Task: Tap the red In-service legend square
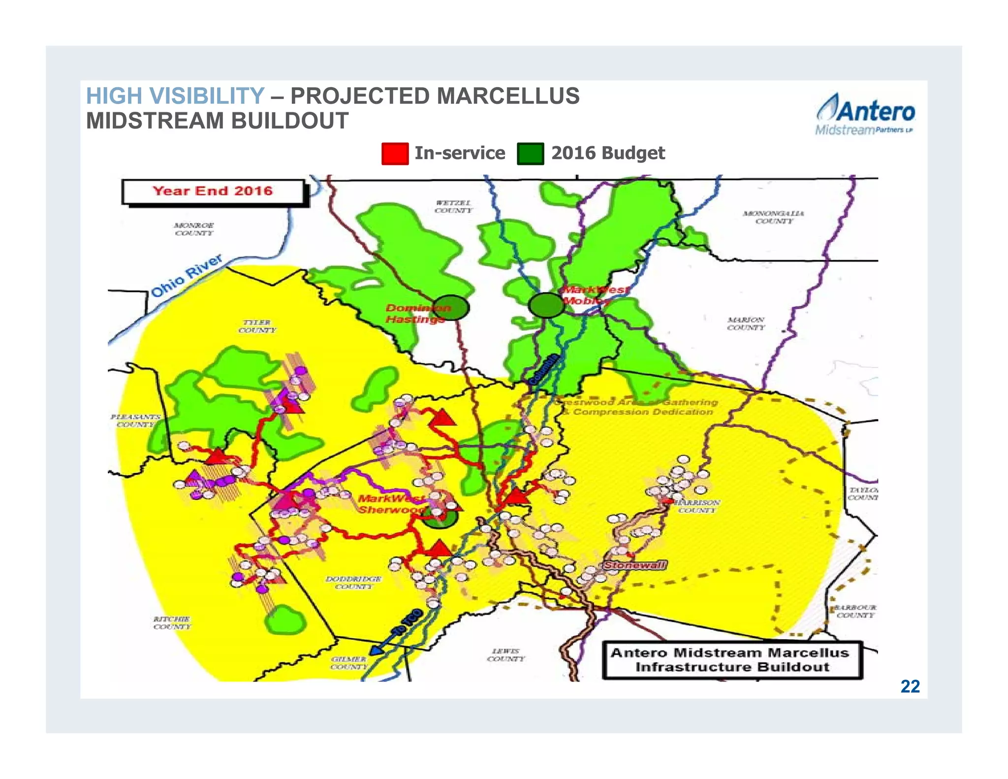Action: tap(395, 154)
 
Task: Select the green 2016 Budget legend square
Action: tap(530, 154)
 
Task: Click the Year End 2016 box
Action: tap(213, 192)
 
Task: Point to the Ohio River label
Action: tap(187, 276)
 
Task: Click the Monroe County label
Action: tap(194, 229)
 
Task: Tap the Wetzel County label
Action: tap(453, 207)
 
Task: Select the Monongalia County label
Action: tap(774, 217)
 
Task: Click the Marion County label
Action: tap(746, 324)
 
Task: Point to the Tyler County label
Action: tap(257, 326)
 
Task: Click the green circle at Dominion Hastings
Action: tap(451, 308)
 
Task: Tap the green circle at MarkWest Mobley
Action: tap(546, 305)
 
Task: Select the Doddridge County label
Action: tap(353, 583)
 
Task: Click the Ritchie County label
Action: tap(172, 623)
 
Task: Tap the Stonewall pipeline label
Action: tap(634, 565)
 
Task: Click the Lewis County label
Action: tap(505, 655)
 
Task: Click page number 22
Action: tap(910, 686)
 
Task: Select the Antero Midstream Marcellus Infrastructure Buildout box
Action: tap(732, 660)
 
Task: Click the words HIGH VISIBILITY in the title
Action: tap(175, 96)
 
